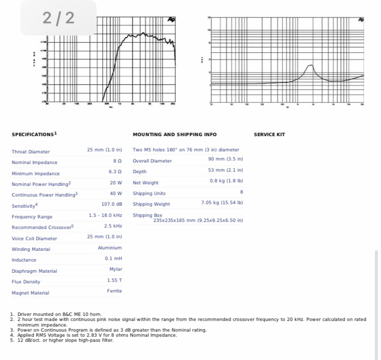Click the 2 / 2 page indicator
point(58,18)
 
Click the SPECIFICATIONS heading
point(34,135)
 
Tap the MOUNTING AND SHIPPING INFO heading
point(174,135)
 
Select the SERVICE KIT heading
point(269,135)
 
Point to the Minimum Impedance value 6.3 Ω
point(115,172)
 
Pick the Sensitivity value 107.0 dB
point(112,204)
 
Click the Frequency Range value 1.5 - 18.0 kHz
point(106,215)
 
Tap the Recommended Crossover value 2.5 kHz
point(113,226)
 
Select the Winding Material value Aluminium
point(110,248)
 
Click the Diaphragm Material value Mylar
point(116,269)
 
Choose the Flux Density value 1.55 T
point(115,280)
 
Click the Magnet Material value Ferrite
point(114,291)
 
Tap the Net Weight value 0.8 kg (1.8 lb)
point(226,181)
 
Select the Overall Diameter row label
point(152,161)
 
